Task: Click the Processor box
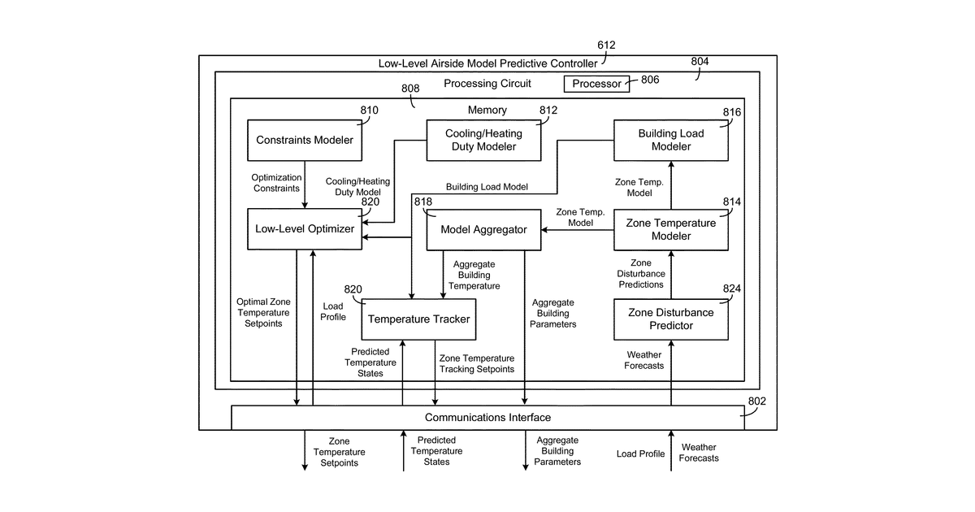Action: [x=596, y=84]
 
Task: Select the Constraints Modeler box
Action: [x=304, y=140]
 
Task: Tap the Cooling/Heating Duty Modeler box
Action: [x=483, y=140]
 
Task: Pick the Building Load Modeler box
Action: [x=671, y=140]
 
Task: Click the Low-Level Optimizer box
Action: [x=304, y=229]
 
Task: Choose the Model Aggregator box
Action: [x=483, y=230]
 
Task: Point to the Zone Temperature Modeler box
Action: [x=671, y=230]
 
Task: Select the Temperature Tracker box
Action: [x=418, y=319]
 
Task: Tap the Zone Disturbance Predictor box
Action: [x=671, y=319]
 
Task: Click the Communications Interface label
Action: [x=487, y=418]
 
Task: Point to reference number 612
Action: [x=606, y=46]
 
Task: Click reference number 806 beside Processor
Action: [x=650, y=80]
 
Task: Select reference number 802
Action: [x=757, y=401]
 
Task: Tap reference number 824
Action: [x=732, y=289]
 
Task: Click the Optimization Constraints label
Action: [x=276, y=183]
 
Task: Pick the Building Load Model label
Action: [x=487, y=187]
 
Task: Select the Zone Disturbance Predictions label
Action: [x=641, y=274]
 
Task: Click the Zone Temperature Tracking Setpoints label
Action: [x=477, y=363]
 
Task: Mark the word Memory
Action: [x=487, y=111]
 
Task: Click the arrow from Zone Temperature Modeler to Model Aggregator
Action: [x=578, y=230]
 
